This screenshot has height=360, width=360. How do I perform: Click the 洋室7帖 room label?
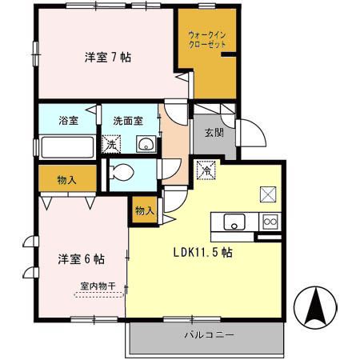pos(107,58)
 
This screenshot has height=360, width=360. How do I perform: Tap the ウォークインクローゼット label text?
pos(206,40)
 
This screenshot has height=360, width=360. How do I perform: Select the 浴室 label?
pos(67,121)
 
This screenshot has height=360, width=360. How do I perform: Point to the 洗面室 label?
pos(127,121)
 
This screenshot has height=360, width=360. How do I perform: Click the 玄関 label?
pos(213,133)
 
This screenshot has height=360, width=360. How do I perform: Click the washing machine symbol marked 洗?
pos(112,145)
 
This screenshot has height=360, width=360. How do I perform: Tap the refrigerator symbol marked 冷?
pos(206,170)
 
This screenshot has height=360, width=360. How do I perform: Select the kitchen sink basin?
pos(234,222)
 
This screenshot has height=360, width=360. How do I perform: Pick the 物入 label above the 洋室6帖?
pos(66,179)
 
